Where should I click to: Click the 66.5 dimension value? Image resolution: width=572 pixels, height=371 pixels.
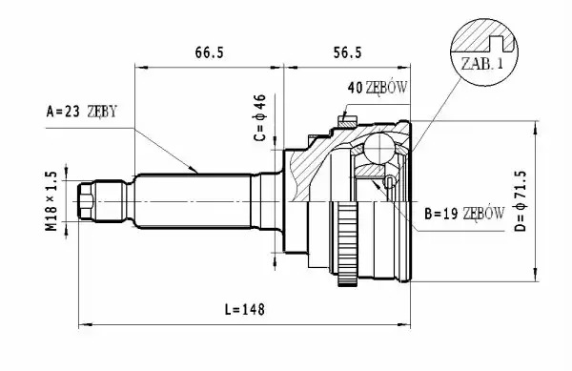209,52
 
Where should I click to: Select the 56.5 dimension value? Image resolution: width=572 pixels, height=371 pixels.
347,52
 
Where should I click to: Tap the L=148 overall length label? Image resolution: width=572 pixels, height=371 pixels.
244,310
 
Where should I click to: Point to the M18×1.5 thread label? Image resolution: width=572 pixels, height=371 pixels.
51,201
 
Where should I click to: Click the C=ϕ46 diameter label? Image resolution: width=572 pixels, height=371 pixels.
260,117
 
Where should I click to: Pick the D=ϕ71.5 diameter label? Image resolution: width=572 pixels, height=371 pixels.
521,201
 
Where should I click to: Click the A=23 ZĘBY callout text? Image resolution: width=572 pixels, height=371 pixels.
82,112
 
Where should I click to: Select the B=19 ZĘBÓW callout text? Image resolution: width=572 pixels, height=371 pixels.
464,214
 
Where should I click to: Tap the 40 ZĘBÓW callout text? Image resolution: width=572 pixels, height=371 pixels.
378,88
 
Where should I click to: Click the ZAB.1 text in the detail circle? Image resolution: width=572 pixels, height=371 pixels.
482,64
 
